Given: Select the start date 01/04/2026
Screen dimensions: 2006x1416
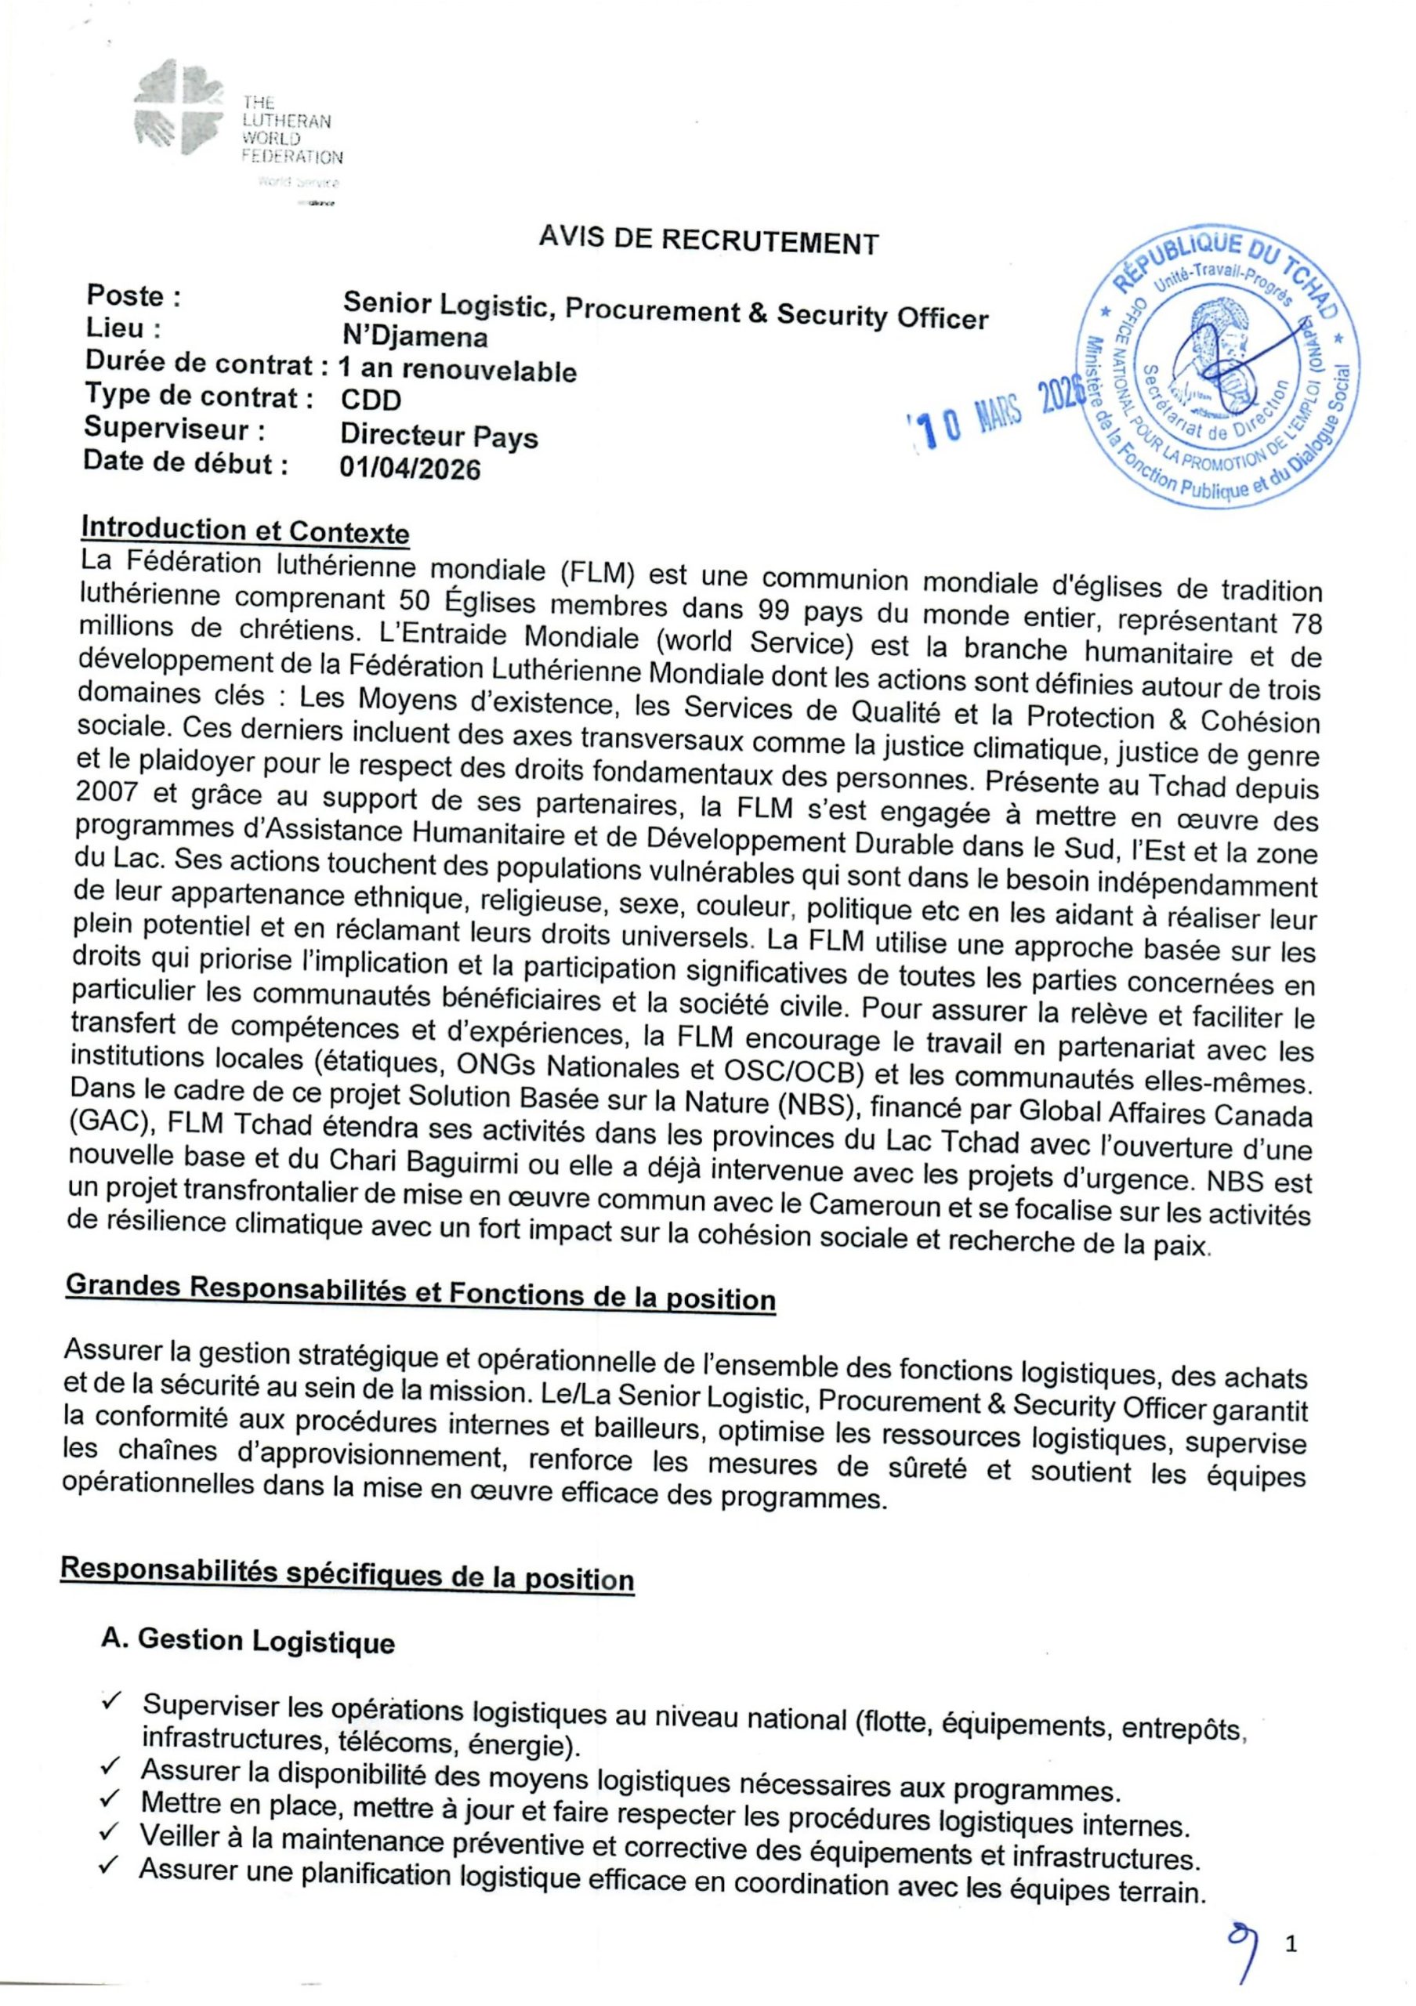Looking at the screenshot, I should [x=410, y=469].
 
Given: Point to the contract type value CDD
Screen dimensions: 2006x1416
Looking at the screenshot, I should [x=371, y=400].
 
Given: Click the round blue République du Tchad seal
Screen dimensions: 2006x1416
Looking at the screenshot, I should [x=1223, y=363].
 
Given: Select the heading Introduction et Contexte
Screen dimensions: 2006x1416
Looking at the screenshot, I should [x=244, y=530].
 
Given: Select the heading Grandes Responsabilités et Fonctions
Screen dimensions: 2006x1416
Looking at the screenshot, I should [x=420, y=1294].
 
